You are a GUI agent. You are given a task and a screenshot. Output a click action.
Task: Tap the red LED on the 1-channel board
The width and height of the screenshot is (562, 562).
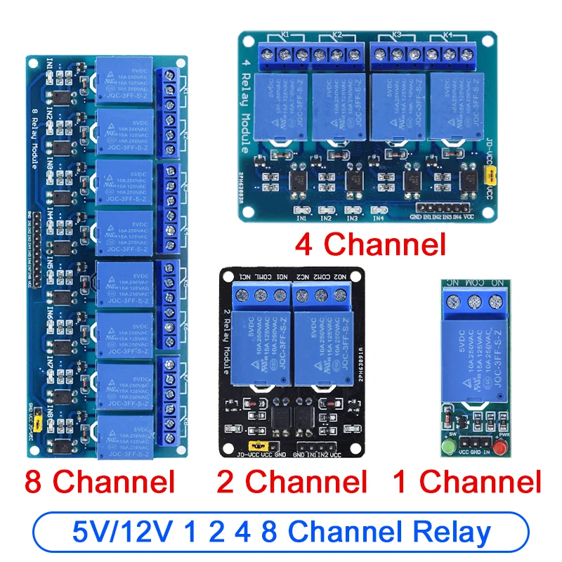[x=501, y=447]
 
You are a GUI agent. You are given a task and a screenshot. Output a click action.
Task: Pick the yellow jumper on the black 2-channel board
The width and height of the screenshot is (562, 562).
[x=259, y=445]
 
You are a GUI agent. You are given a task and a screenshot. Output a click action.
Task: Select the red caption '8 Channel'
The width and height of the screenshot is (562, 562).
[x=99, y=482]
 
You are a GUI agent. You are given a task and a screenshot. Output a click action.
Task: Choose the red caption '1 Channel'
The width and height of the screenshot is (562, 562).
[x=466, y=482]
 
